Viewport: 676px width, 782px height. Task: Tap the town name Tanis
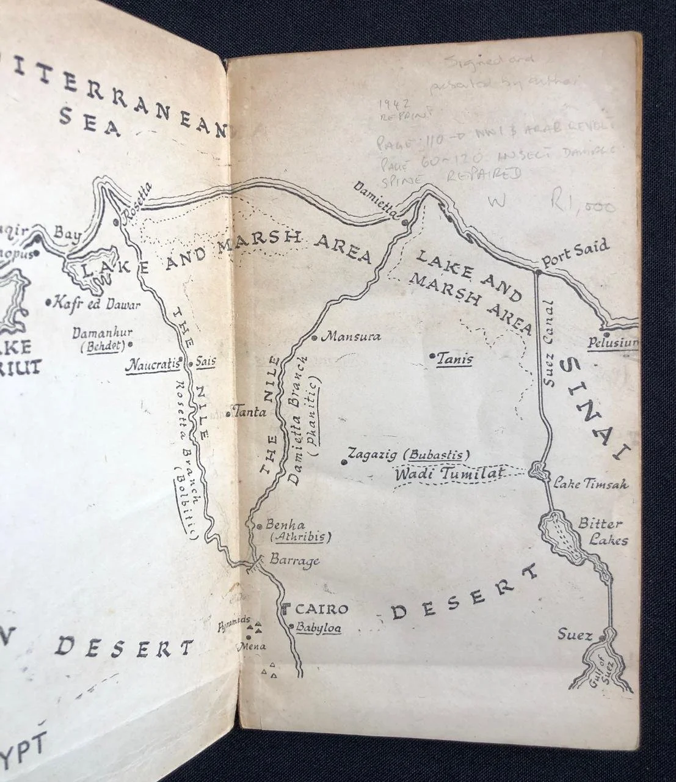pos(454,359)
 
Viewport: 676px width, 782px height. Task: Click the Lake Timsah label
pos(591,484)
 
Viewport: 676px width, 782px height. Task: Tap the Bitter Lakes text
pos(601,532)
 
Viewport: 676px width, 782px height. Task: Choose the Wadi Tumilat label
pos(449,473)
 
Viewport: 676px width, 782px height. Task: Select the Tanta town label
pos(250,412)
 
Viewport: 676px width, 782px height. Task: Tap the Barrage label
pos(294,560)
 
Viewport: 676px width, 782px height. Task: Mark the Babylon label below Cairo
pos(318,627)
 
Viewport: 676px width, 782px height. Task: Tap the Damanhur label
pos(102,334)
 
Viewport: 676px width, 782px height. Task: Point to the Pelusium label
pos(612,343)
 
